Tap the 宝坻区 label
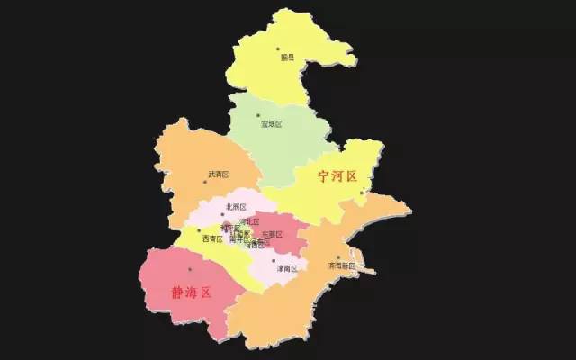(272, 124)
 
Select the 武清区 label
(219, 174)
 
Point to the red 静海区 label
(190, 292)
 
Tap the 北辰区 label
(236, 206)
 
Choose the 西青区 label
(212, 238)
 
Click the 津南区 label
(286, 268)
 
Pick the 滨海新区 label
(342, 266)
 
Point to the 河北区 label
(249, 220)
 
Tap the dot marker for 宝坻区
(258, 115)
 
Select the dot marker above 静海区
(189, 269)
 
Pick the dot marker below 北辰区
(223, 214)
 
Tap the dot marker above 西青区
(199, 230)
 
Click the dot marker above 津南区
(274, 260)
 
